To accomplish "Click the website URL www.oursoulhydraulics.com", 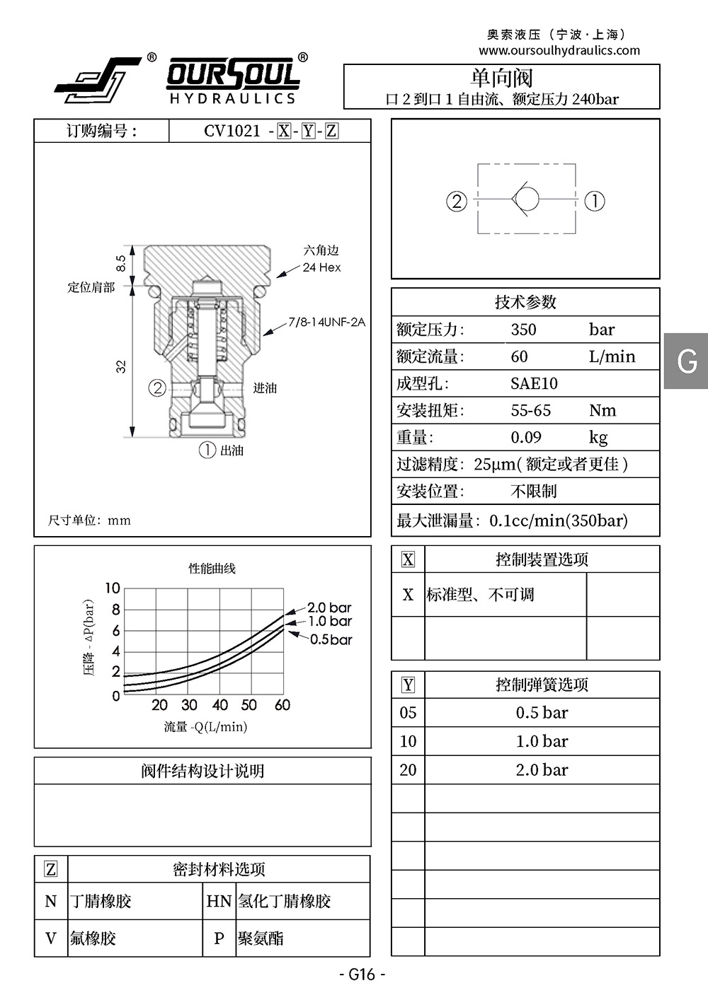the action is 559,50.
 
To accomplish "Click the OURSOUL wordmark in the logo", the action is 234,74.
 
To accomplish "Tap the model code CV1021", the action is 232,131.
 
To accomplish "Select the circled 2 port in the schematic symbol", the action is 457,201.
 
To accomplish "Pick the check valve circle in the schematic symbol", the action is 526,199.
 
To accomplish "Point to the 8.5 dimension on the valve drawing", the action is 120,263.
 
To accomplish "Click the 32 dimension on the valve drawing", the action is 121,366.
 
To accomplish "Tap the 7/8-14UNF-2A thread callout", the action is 326,322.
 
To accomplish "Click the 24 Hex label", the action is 321,267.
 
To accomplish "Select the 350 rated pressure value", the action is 523,330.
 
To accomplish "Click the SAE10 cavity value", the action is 534,383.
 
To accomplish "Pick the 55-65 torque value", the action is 531,410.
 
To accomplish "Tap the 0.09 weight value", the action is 526,437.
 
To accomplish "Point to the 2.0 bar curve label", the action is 329,607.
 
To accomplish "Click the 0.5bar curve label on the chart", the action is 331,639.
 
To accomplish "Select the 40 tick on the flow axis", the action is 220,704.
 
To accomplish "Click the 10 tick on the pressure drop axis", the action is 113,588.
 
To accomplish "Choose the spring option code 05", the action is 408,712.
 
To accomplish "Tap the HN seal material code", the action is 219,901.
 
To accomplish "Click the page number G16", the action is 362,974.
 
